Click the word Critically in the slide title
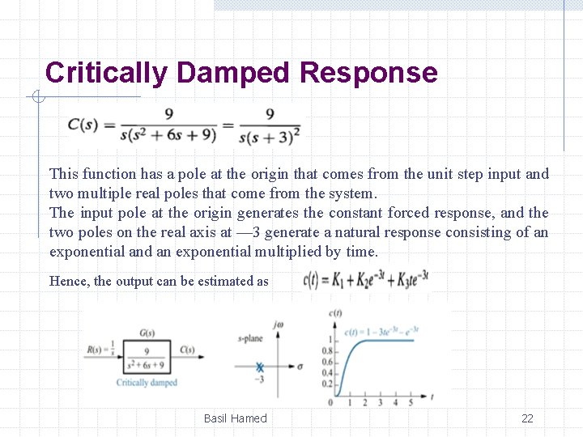coord(106,74)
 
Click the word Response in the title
coord(368,74)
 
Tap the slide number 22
coord(527,418)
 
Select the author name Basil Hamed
coord(235,418)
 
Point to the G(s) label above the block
coord(147,333)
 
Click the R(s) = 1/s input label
coord(100,351)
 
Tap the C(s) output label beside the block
coord(187,350)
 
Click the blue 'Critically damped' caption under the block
coord(147,383)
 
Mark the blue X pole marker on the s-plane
coord(260,367)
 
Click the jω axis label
coord(279,325)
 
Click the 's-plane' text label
coord(251,338)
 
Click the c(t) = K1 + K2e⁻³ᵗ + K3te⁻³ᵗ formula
coord(365,280)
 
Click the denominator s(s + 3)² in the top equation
coord(270,137)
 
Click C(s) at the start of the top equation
coord(83,125)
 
